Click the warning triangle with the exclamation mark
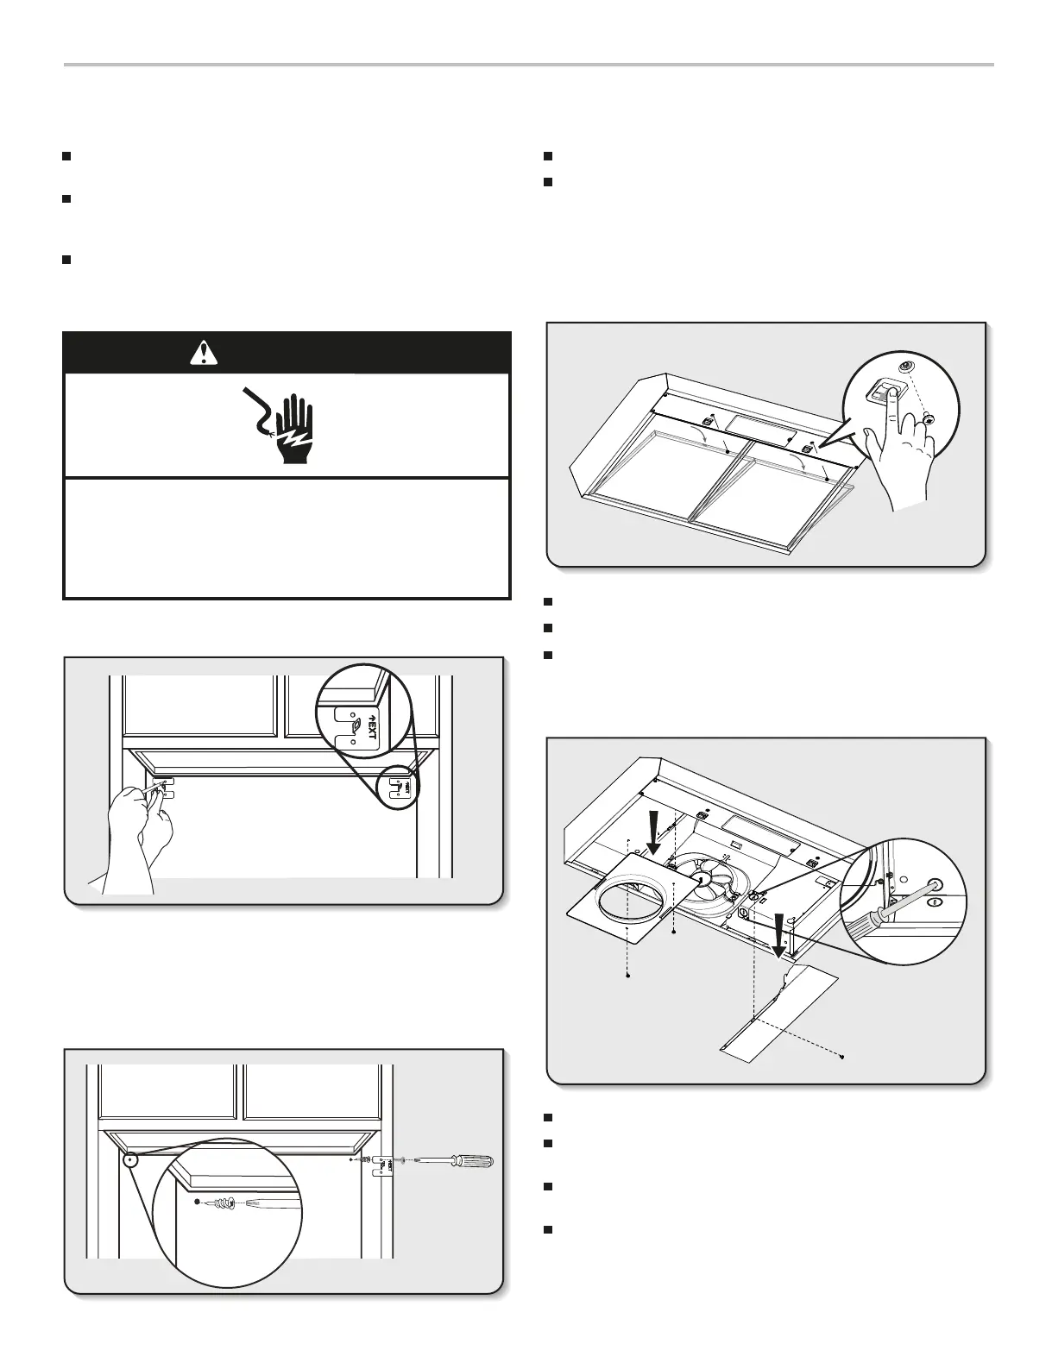pos(204,353)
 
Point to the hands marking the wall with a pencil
pos(138,828)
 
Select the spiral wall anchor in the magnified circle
pos(223,1202)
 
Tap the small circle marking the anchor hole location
pos(130,1159)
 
